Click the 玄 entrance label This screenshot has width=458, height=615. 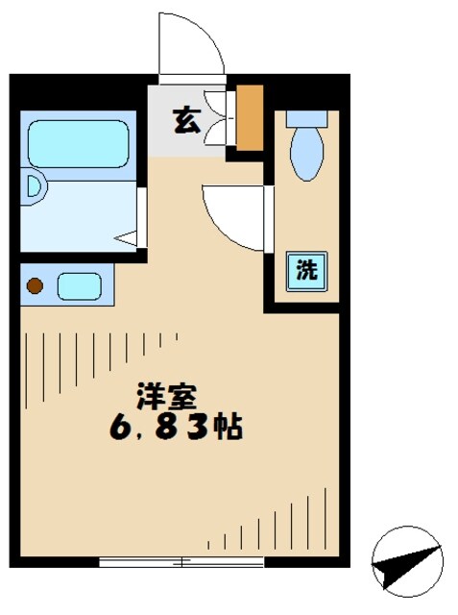point(186,121)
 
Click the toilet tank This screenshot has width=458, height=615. point(306,123)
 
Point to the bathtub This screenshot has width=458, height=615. point(78,144)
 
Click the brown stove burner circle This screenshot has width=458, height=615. point(36,285)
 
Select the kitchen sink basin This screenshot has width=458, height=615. point(79,285)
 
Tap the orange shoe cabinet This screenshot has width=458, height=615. point(249,118)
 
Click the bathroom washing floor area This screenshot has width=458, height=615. point(77,211)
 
